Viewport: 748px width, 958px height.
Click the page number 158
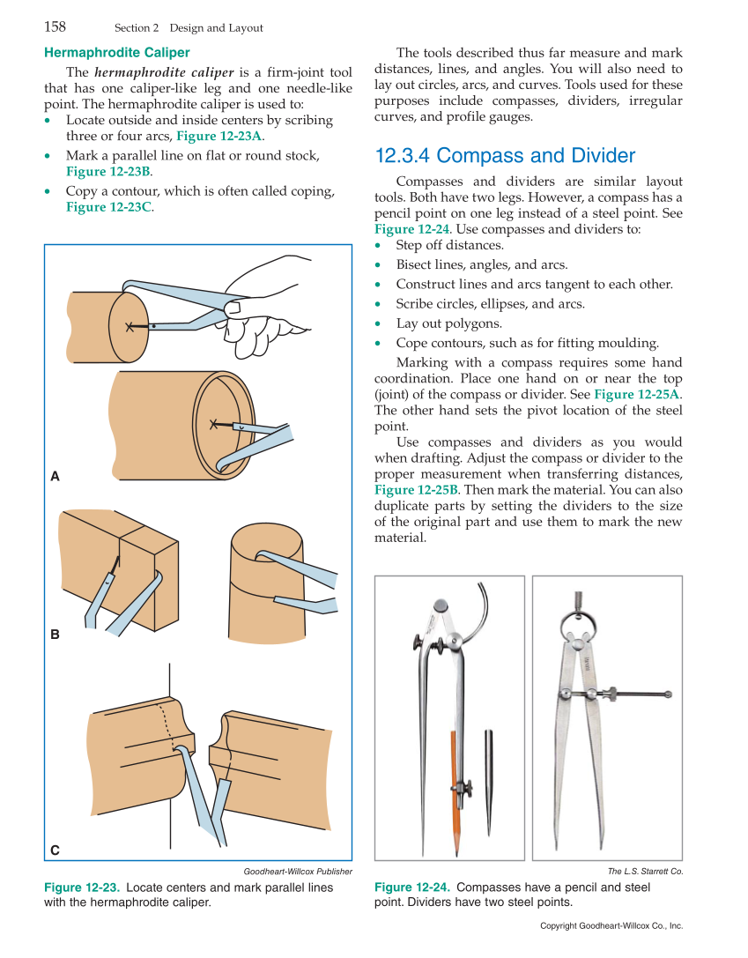pyautogui.click(x=55, y=27)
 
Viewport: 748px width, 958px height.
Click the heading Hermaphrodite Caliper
pyautogui.click(x=116, y=53)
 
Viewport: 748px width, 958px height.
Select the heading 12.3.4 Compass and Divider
pyautogui.click(x=505, y=156)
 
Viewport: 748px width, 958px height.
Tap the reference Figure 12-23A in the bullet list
pyautogui.click(x=218, y=136)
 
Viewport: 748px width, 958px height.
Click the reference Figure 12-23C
pyautogui.click(x=108, y=206)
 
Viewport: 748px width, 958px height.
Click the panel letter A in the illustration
pyautogui.click(x=55, y=477)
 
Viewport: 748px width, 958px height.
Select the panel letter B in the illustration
pyautogui.click(x=55, y=634)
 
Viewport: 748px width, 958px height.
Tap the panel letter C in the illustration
pyautogui.click(x=55, y=850)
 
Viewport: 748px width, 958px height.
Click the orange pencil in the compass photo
pyautogui.click(x=455, y=784)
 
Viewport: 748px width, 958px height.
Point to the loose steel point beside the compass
pyautogui.click(x=489, y=776)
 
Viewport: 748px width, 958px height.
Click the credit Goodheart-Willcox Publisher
pyautogui.click(x=297, y=872)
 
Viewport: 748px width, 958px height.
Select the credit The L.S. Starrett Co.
pyautogui.click(x=645, y=872)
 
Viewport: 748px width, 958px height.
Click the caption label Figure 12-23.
pyautogui.click(x=82, y=887)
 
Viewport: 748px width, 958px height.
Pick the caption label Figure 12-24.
pyautogui.click(x=412, y=887)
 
